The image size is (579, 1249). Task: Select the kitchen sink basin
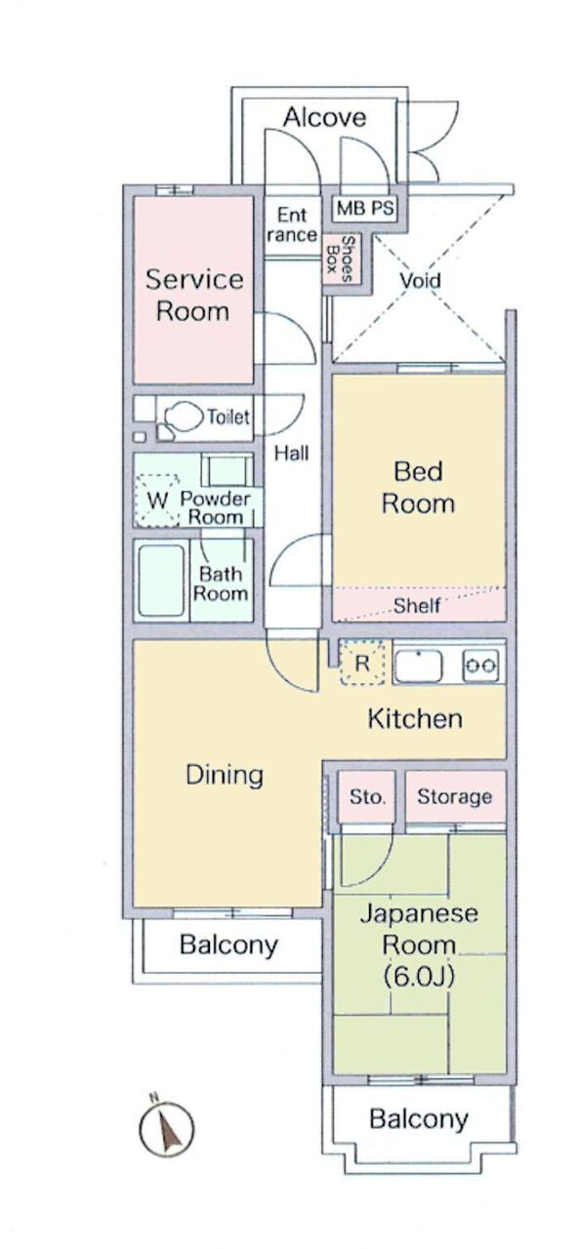[419, 665]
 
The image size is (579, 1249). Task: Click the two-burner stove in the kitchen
[479, 665]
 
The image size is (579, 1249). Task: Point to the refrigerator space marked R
[361, 663]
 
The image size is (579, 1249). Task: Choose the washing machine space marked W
[157, 500]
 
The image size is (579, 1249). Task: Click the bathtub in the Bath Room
[161, 580]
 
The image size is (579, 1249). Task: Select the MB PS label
[365, 208]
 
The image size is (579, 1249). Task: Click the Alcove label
[324, 117]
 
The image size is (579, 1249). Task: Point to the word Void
[420, 279]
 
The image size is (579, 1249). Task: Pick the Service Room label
[193, 295]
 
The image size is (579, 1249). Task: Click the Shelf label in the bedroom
[417, 605]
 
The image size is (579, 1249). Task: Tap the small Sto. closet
[366, 796]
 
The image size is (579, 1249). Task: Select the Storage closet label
[454, 796]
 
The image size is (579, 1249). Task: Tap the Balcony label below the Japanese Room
[418, 1118]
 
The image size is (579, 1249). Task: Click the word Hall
[291, 453]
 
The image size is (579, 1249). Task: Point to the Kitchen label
[415, 718]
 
